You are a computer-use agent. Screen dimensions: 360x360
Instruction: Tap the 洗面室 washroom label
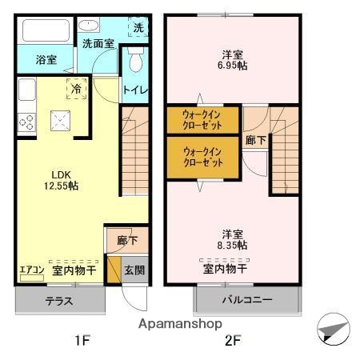[x=98, y=45]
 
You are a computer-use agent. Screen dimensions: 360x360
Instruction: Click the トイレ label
[x=135, y=90]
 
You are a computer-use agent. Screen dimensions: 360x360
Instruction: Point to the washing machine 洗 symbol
[x=138, y=27]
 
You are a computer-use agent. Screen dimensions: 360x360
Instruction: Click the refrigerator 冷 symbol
[x=77, y=90]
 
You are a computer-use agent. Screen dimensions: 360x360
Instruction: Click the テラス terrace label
[x=59, y=302]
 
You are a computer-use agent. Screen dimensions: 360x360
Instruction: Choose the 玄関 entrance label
[x=134, y=270]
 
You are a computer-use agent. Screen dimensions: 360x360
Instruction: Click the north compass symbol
[x=334, y=330]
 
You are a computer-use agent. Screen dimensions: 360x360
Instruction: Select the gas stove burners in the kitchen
[x=26, y=122]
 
